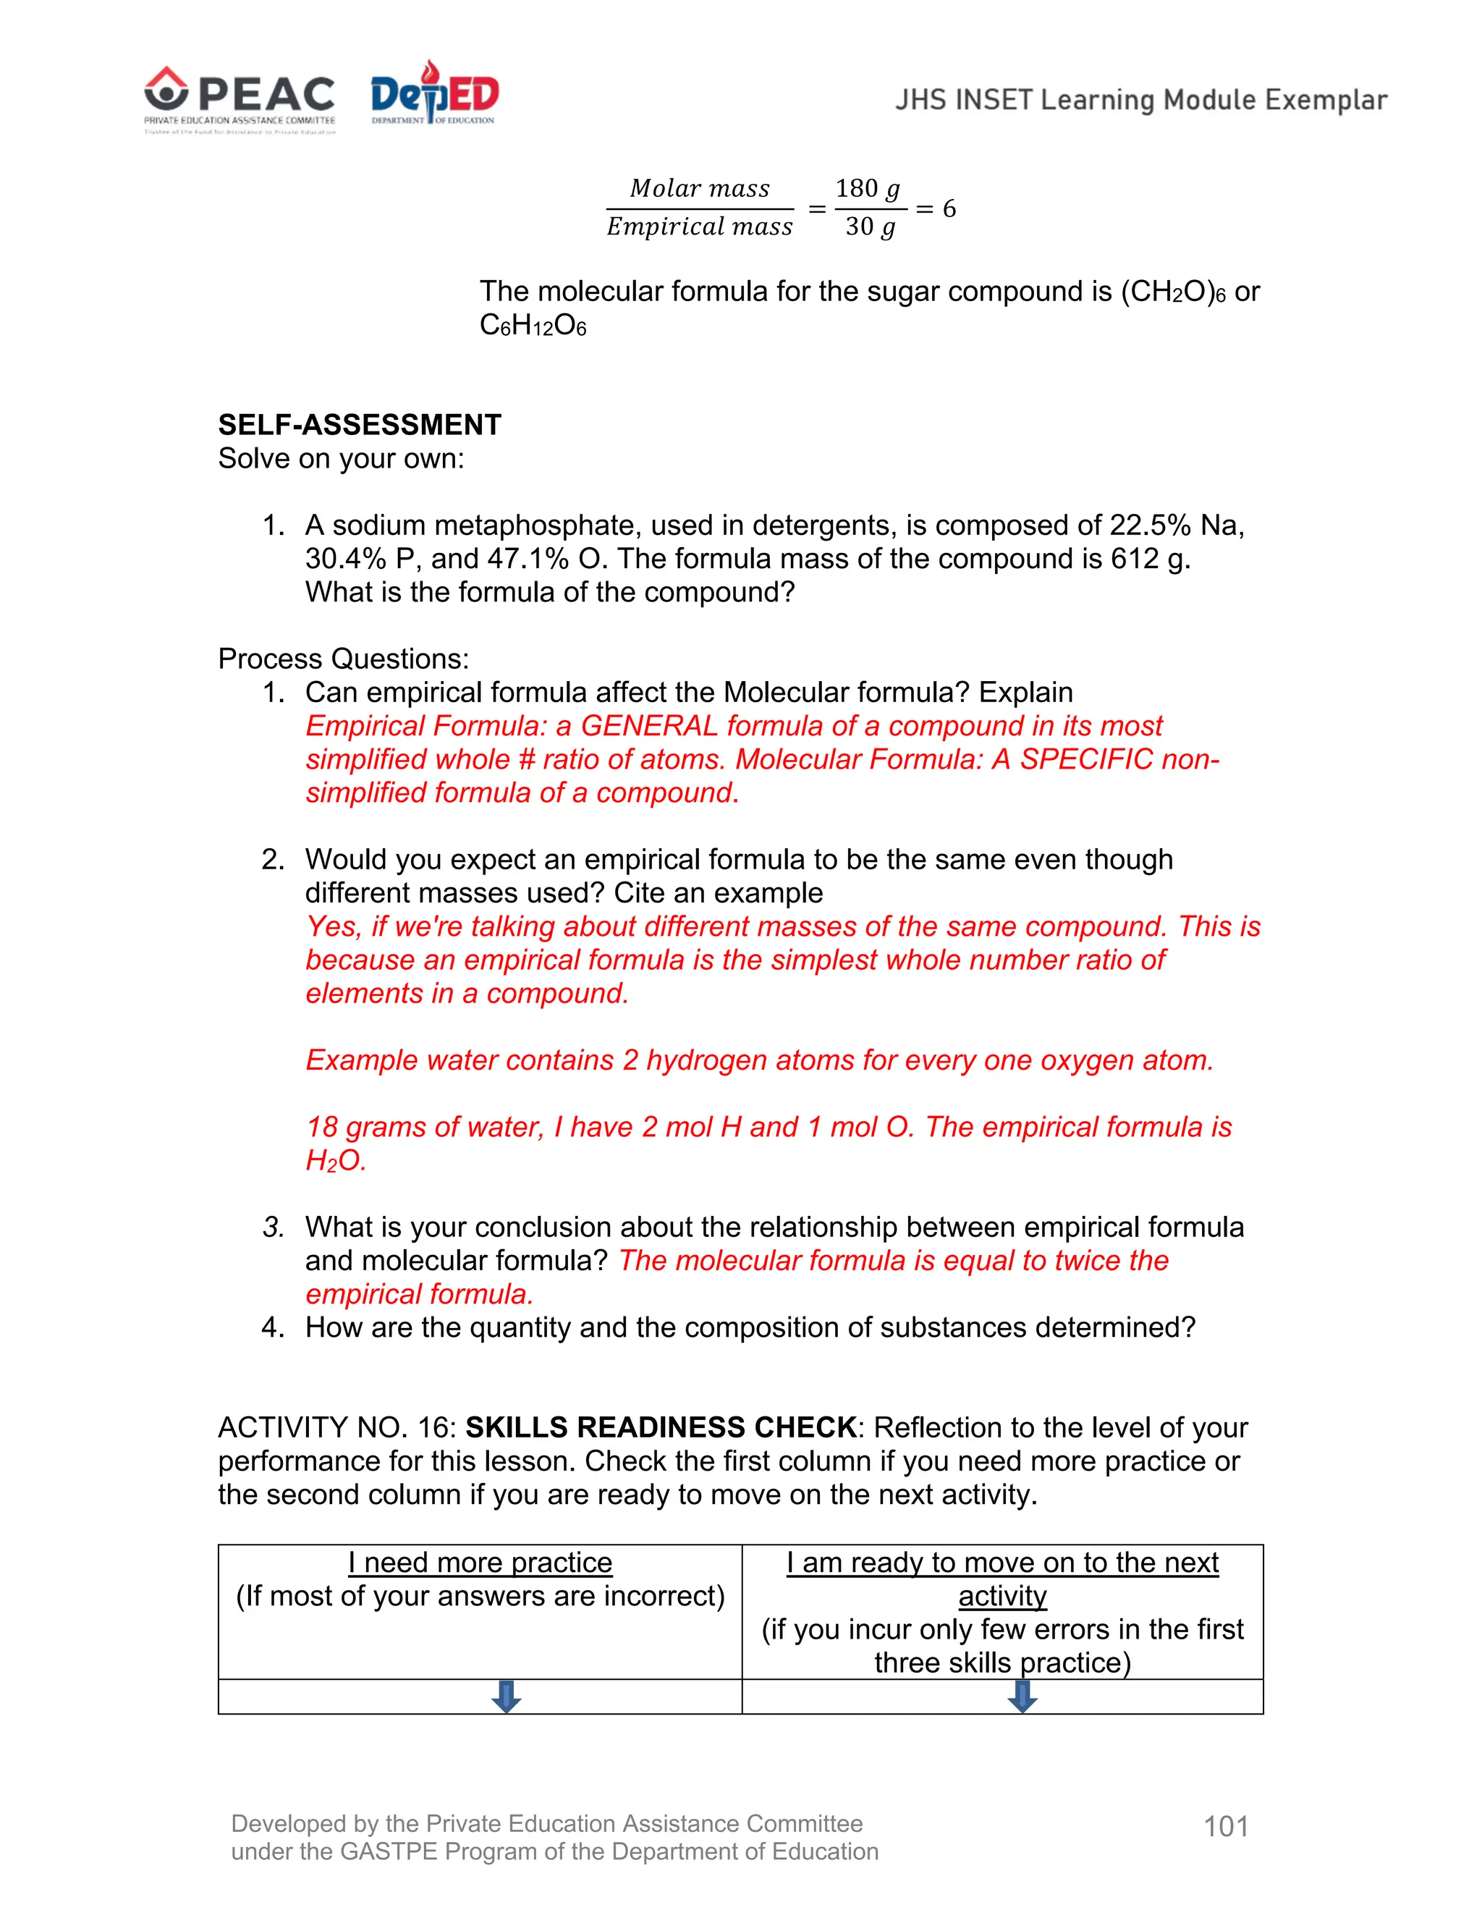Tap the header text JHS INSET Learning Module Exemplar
1140,100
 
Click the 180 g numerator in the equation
868,189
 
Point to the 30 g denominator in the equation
869,227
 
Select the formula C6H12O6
532,326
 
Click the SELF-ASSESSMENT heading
359,425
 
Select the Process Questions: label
343,659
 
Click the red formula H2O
334,1161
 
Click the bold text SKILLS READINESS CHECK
660,1428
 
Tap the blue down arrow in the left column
507,1697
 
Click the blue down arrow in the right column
1022,1697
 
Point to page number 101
1226,1827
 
